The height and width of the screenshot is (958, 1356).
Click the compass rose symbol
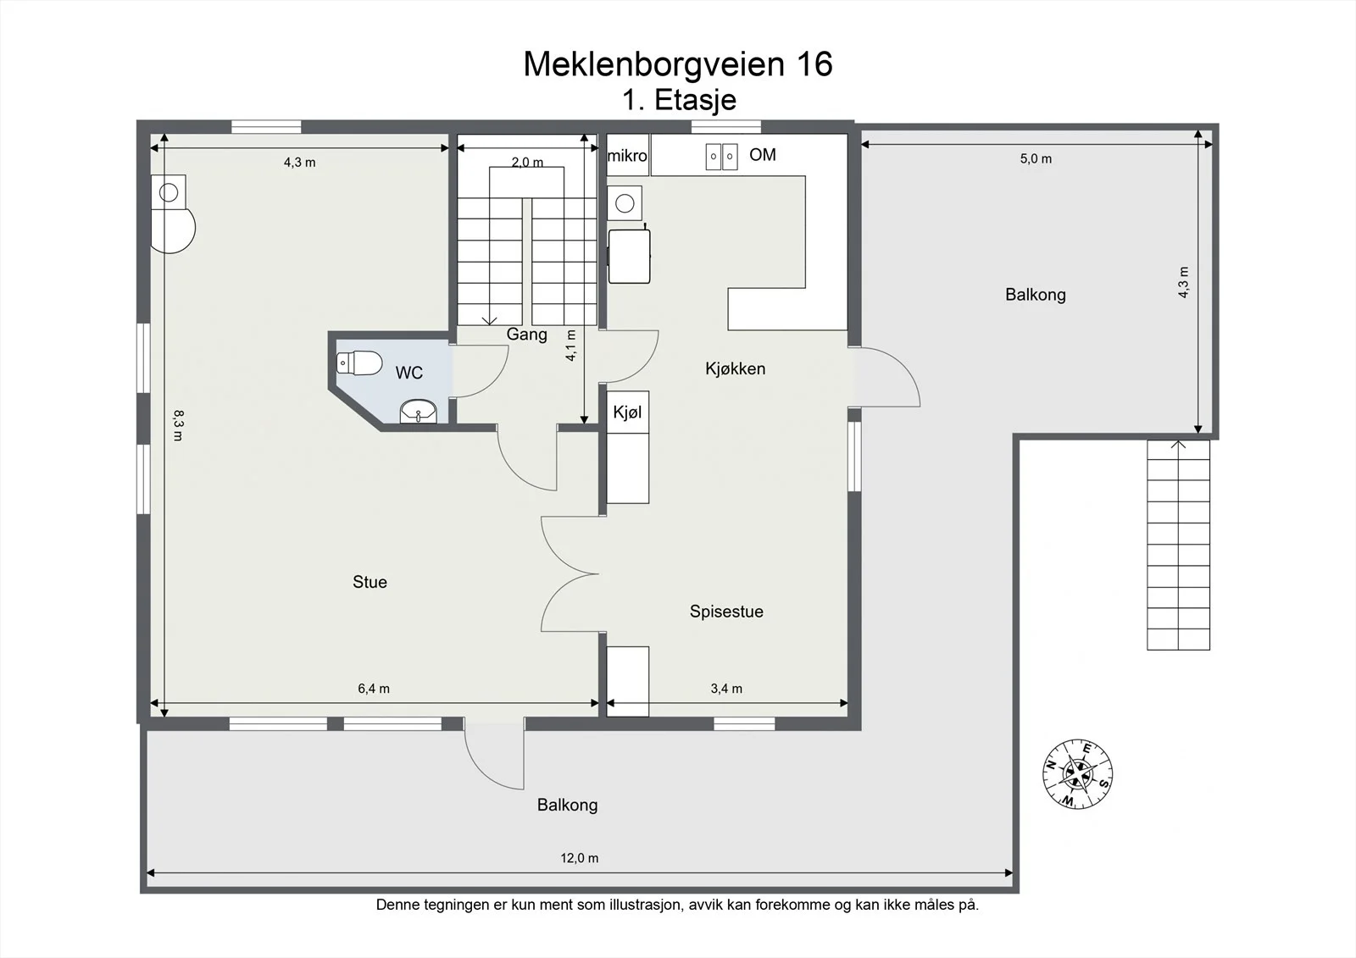1077,774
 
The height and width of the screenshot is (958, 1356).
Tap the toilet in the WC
359,363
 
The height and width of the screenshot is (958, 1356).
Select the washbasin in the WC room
419,412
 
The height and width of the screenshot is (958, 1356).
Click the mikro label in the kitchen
627,156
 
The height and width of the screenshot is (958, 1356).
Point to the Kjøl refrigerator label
627,413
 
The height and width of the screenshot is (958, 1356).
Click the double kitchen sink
721,156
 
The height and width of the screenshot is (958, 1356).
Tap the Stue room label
370,582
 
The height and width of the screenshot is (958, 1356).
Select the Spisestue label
726,612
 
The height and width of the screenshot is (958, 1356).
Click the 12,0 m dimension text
580,858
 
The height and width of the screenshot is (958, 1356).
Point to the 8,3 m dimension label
178,425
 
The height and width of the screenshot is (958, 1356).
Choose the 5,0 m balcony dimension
1036,158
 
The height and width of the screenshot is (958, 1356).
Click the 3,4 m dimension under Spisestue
726,689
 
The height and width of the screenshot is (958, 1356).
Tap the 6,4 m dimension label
374,689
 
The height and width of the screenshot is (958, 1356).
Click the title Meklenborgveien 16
678,64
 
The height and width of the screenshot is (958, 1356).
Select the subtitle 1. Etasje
679,100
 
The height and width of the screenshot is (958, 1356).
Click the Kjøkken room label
736,368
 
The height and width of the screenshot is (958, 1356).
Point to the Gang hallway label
526,334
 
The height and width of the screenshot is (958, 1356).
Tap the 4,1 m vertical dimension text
571,346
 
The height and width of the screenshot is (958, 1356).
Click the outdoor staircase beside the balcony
1179,545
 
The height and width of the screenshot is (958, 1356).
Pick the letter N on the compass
1052,764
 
